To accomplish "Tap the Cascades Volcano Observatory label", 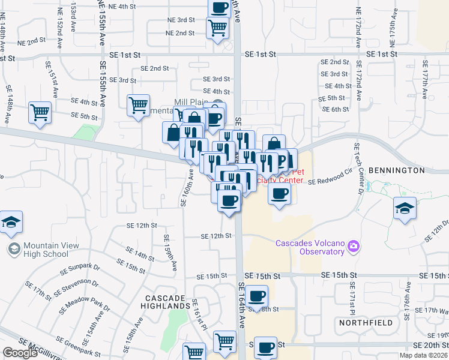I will [x=310, y=247].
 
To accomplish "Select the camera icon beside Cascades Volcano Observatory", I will [x=354, y=246].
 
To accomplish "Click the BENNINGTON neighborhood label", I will [x=396, y=171].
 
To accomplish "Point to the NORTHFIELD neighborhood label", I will [x=366, y=323].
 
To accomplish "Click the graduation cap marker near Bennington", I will [x=405, y=209].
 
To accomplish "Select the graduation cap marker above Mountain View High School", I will [x=11, y=223].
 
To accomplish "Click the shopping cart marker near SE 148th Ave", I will [x=40, y=112].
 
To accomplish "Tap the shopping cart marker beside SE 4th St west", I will [x=139, y=105].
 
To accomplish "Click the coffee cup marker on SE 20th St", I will [x=265, y=347].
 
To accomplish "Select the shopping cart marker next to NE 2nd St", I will [x=217, y=27].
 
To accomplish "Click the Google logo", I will [x=20, y=353].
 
